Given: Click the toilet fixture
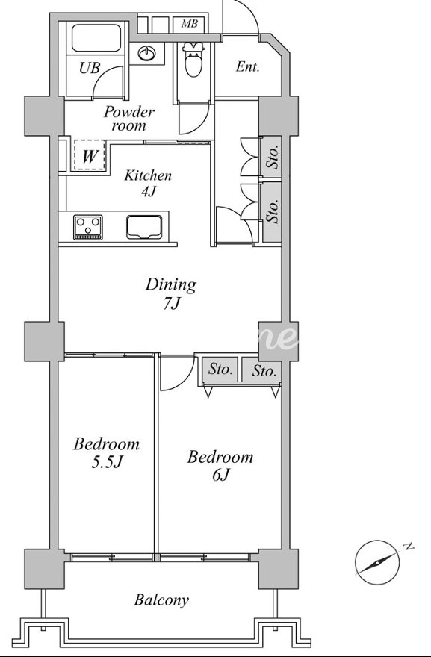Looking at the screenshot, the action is (193, 60).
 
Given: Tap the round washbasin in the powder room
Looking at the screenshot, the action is (146, 53).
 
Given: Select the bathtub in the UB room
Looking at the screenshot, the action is (96, 38).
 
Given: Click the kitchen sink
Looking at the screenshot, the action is (144, 228).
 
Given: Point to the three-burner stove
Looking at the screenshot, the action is (88, 228).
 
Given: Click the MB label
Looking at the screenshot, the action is (190, 24).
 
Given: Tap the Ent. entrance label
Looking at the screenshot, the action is (247, 66).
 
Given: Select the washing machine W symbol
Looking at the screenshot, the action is (90, 157).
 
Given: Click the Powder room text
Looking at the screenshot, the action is (129, 119).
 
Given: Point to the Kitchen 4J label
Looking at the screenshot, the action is (148, 183).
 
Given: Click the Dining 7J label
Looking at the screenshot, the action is (170, 293).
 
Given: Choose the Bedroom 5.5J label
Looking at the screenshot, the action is (107, 452).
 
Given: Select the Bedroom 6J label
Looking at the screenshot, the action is (220, 465).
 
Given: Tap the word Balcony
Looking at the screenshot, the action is (161, 600).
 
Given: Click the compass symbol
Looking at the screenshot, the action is (377, 563).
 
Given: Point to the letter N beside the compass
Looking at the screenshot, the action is (408, 547).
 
